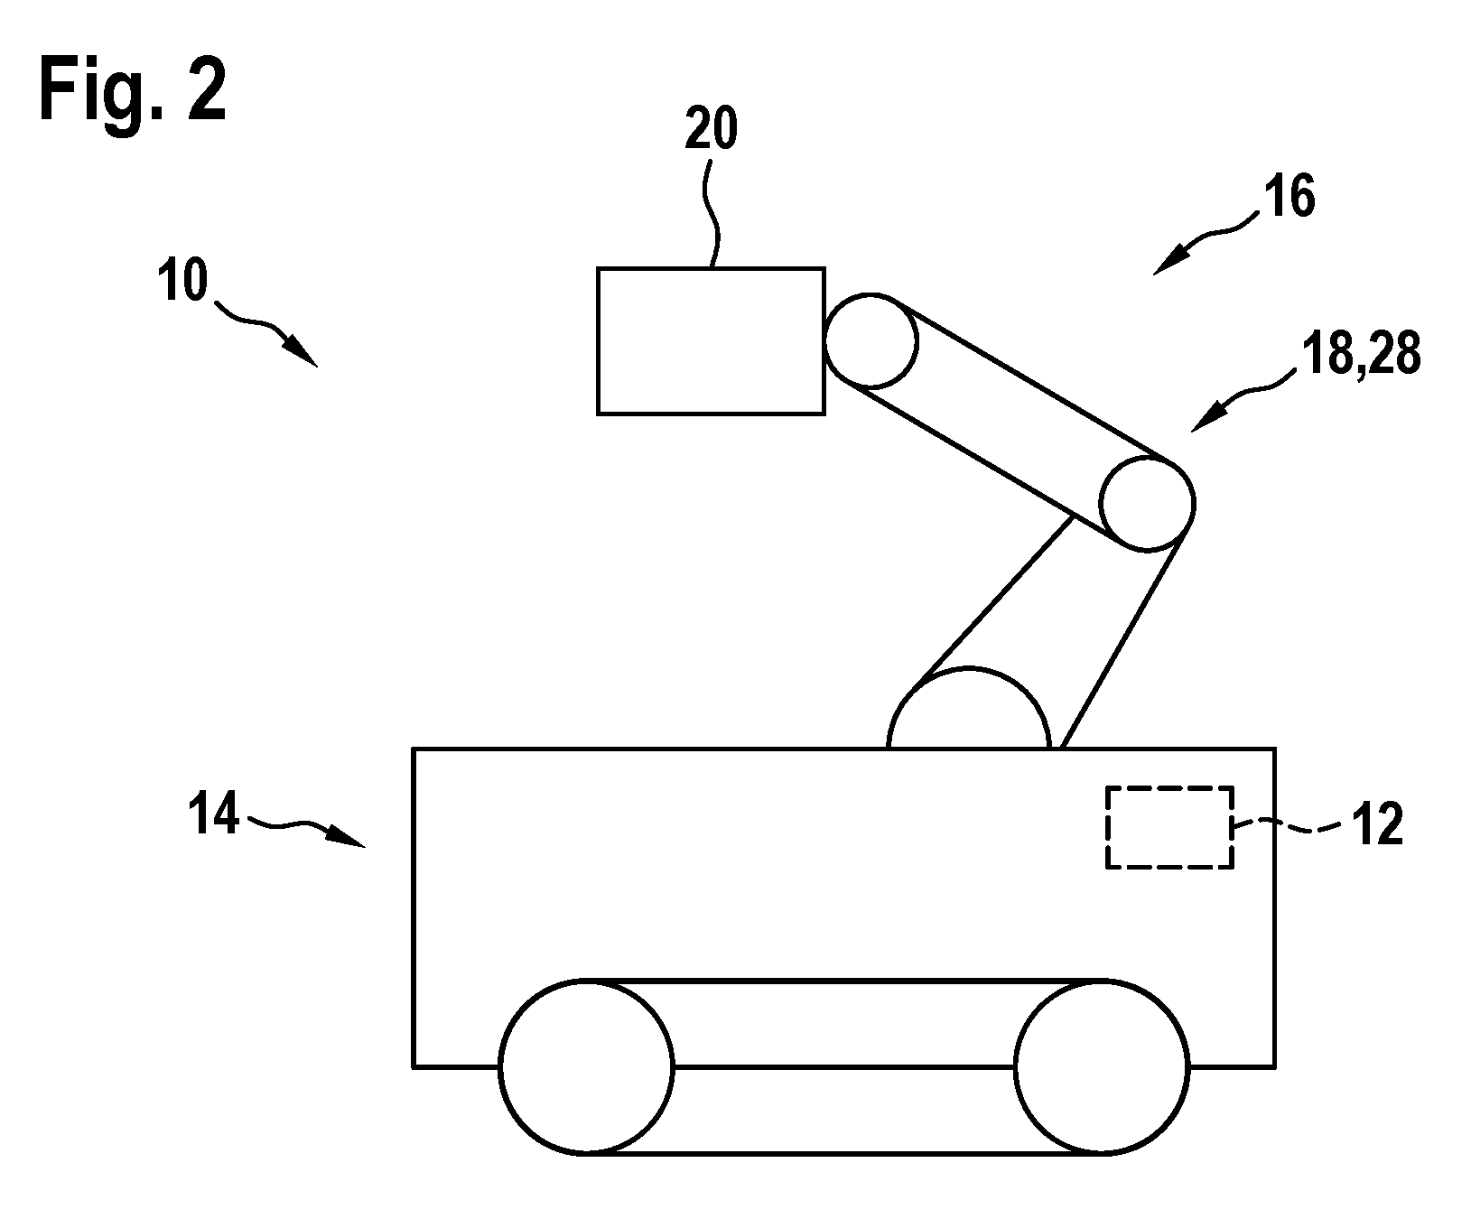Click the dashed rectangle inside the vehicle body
(1169, 787)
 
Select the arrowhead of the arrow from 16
(1167, 262)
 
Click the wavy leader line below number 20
(713, 211)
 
